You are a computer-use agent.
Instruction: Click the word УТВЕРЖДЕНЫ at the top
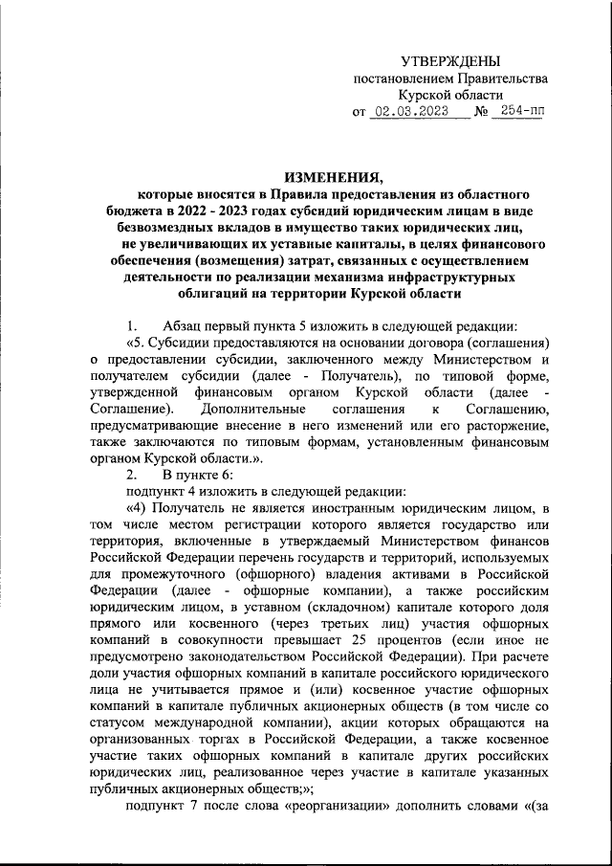[x=449, y=61]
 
